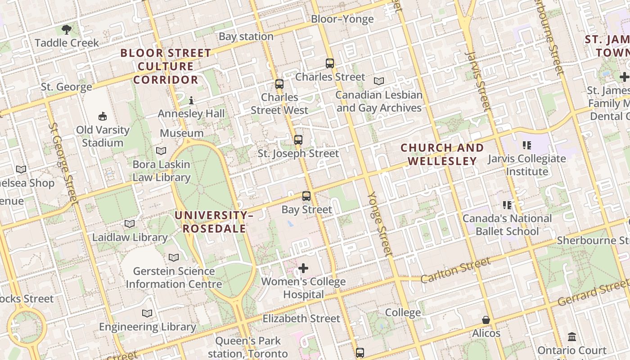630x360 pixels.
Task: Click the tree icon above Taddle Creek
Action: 67,30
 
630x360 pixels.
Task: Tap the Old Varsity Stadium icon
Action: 103,116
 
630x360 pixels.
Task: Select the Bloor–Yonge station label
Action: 342,19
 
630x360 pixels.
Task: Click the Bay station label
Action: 246,36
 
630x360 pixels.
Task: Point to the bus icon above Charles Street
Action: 330,63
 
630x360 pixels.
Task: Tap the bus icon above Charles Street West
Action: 279,84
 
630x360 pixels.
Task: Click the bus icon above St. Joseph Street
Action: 298,140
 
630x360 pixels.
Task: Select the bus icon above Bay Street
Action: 306,196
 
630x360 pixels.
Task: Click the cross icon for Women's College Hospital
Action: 303,269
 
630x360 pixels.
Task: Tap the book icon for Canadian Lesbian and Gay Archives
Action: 379,81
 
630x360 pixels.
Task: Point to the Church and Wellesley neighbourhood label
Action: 442,154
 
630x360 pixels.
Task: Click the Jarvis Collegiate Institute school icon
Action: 527,145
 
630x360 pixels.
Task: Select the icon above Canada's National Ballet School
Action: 507,205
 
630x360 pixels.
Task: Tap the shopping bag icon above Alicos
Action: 486,320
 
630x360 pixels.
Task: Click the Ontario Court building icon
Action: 572,337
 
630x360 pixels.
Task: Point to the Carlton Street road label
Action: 455,270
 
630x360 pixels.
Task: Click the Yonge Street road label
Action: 381,224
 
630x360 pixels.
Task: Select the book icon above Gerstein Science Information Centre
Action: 174,258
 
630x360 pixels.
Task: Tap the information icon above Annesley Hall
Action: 191,100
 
